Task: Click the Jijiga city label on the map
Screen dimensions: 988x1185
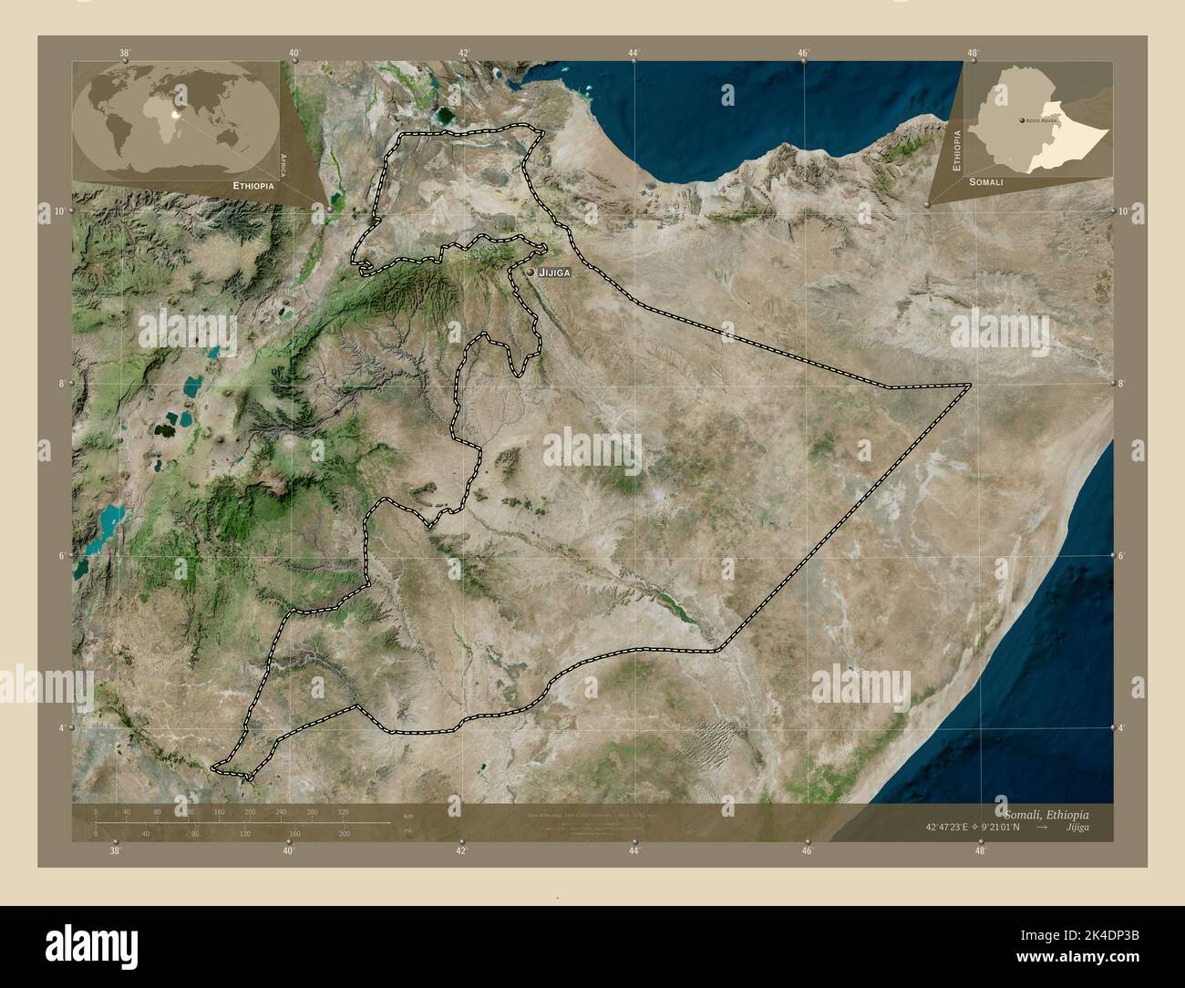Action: pyautogui.click(x=554, y=272)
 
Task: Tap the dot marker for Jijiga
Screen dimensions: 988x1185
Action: pyautogui.click(x=530, y=271)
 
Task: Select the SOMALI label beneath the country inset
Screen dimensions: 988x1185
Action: pyautogui.click(x=986, y=182)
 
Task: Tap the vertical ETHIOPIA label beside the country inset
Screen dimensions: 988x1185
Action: pyautogui.click(x=956, y=150)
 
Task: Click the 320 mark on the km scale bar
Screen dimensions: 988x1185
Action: pyautogui.click(x=344, y=810)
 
